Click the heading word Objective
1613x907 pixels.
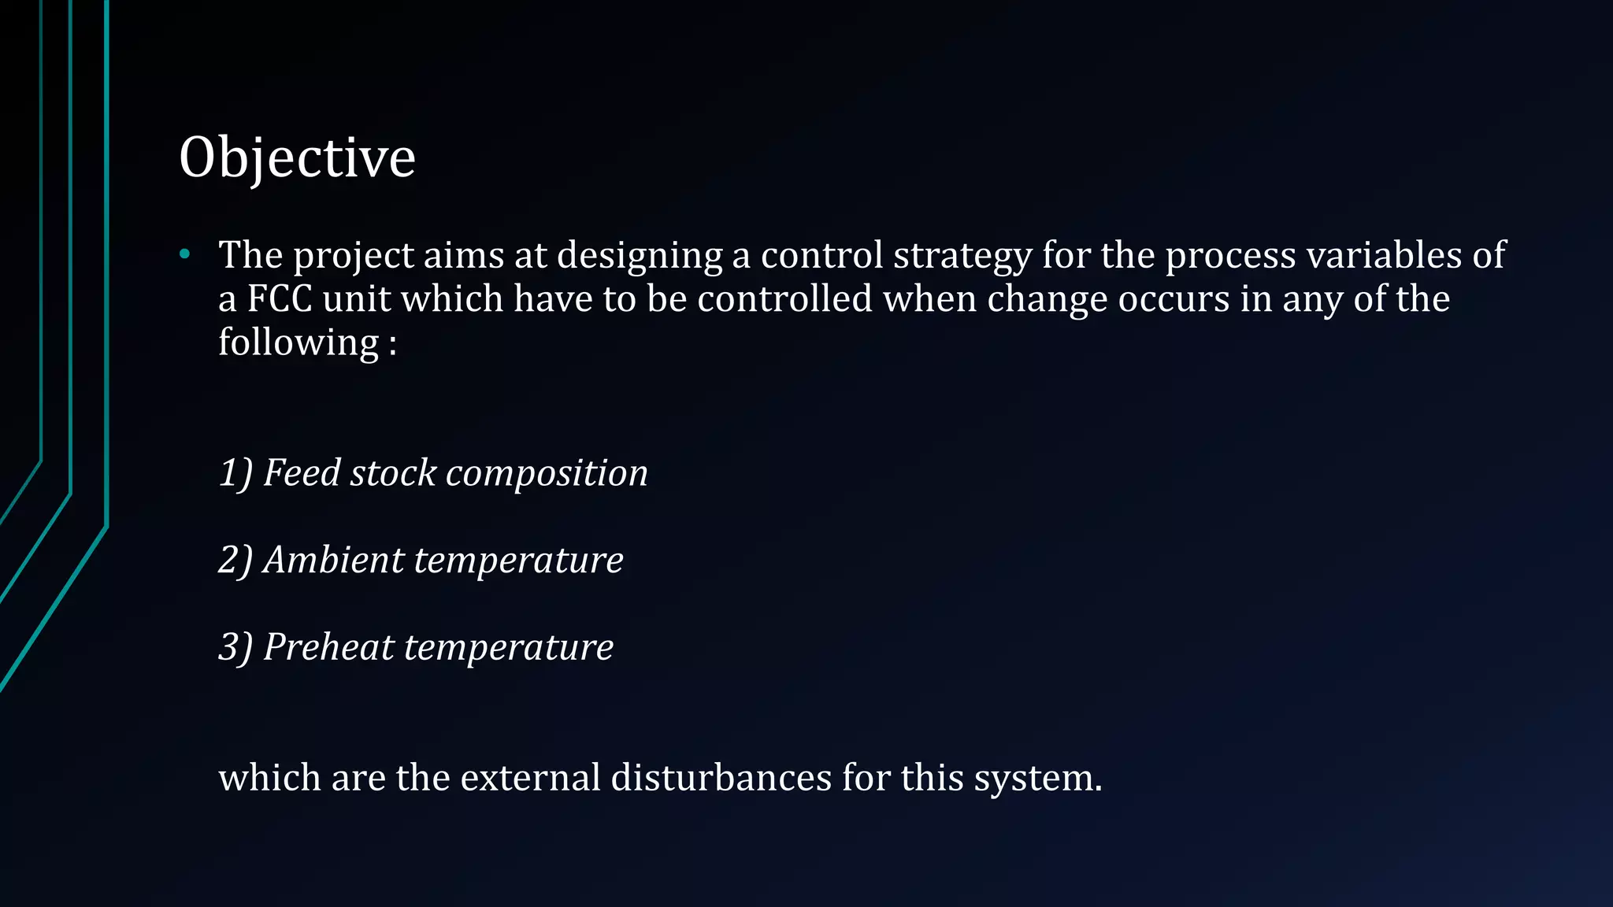point(297,157)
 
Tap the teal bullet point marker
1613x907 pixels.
point(185,254)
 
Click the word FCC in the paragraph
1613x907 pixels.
point(280,299)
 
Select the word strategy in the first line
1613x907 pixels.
point(962,256)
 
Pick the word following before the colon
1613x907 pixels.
point(298,343)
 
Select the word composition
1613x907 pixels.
point(547,473)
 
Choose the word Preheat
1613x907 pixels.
point(328,647)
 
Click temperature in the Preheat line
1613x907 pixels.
point(508,647)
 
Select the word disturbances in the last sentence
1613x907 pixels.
point(721,778)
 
